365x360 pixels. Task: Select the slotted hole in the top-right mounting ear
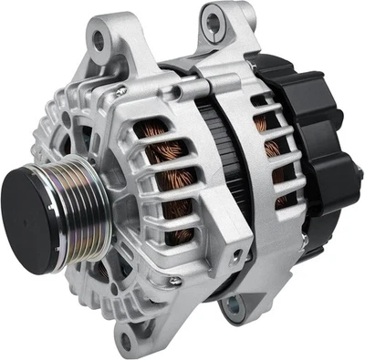pos(213,15)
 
